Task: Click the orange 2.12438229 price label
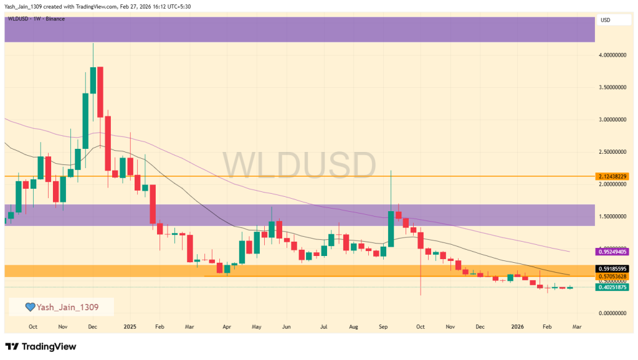(611, 176)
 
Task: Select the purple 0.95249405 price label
(611, 252)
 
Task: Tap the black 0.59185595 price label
(611, 268)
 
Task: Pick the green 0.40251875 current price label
(611, 287)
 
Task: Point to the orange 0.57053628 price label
(611, 276)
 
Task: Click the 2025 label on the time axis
(130, 326)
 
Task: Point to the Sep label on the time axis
(383, 326)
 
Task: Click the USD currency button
(605, 20)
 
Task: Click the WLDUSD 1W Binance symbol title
(36, 19)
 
